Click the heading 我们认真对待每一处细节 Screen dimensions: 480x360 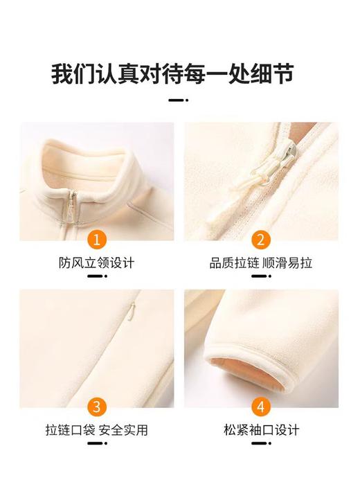[x=180, y=73]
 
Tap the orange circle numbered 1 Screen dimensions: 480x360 [x=97, y=240]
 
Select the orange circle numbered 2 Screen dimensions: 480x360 [x=261, y=240]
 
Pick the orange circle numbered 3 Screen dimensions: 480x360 [x=97, y=407]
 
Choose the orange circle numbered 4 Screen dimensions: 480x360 [x=261, y=407]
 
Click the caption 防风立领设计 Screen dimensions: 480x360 [x=97, y=263]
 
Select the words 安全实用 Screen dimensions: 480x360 [x=124, y=430]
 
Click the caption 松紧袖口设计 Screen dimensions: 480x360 [x=262, y=430]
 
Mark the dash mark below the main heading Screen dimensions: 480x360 [x=179, y=100]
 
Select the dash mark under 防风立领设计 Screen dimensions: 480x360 [x=97, y=276]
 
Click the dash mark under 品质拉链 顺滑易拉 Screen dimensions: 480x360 [x=261, y=276]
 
